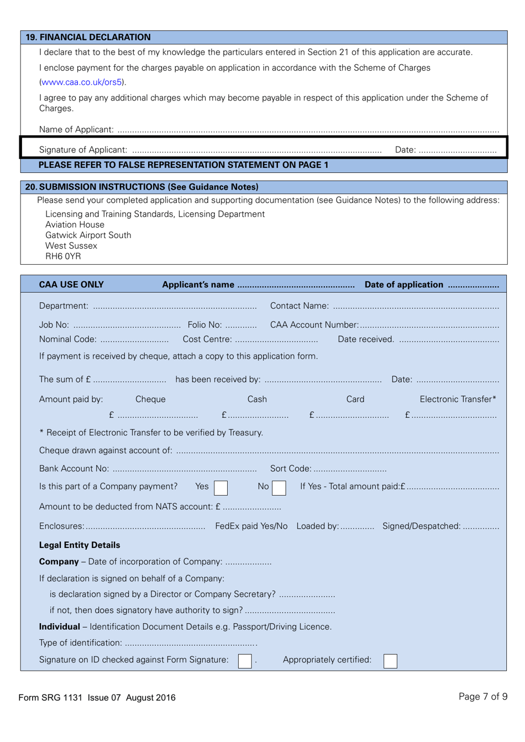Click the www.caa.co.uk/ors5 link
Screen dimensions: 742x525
81,82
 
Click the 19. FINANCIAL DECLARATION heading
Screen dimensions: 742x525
88,38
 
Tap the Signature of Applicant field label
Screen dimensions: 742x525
83,150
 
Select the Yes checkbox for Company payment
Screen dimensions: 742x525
221,488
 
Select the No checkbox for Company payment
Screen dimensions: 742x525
279,488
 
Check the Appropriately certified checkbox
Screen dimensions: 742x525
390,661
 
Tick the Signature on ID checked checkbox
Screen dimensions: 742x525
245,661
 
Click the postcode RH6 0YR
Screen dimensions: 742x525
63,256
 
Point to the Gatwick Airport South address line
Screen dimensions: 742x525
88,235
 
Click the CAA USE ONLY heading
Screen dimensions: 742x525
71,285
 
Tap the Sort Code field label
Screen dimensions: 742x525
291,469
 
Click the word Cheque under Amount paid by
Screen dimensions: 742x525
150,399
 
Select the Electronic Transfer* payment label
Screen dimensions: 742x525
458,399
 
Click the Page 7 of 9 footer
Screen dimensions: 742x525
482,697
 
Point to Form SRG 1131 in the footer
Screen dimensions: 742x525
50,698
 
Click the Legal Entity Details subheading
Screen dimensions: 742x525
80,545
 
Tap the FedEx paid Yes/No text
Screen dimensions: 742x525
251,527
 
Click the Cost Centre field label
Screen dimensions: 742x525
207,339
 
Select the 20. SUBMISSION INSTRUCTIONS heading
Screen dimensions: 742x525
141,187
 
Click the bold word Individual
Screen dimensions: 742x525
59,627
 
